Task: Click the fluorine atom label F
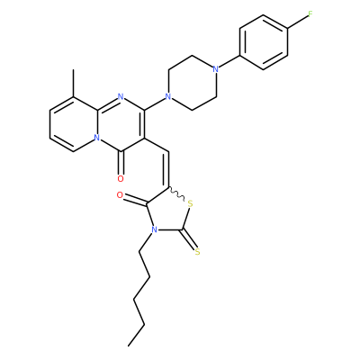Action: point(310,13)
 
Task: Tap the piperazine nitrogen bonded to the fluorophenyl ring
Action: point(215,69)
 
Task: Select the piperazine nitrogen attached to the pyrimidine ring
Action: point(168,96)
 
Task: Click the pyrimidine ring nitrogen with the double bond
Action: point(121,96)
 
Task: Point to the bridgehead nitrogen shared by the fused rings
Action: point(96,138)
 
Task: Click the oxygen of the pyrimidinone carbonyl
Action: point(121,179)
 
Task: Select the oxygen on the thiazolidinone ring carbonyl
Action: point(120,195)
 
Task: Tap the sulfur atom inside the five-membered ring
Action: point(190,204)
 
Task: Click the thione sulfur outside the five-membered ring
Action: point(197,252)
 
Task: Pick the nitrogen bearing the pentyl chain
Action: point(154,230)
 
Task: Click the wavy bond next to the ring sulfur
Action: point(178,194)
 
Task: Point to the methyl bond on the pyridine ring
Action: point(73,83)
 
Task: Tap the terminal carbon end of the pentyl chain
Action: point(128,346)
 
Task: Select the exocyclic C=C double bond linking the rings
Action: point(167,170)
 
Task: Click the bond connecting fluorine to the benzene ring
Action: point(298,22)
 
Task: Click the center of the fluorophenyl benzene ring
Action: point(264,42)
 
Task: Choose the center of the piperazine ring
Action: point(192,83)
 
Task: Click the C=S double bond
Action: point(189,240)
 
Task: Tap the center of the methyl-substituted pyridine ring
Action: point(73,124)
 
